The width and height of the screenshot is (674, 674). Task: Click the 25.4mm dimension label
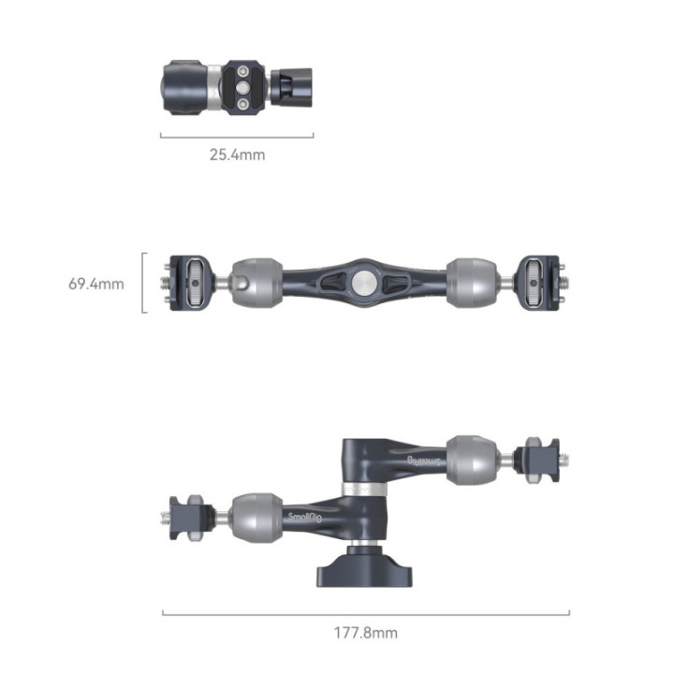(236, 154)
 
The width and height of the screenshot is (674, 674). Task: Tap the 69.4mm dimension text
(95, 283)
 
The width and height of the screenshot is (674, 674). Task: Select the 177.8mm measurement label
(365, 633)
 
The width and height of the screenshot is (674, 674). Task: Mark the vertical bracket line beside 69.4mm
(143, 282)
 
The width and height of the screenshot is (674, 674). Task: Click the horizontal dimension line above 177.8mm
(365, 614)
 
